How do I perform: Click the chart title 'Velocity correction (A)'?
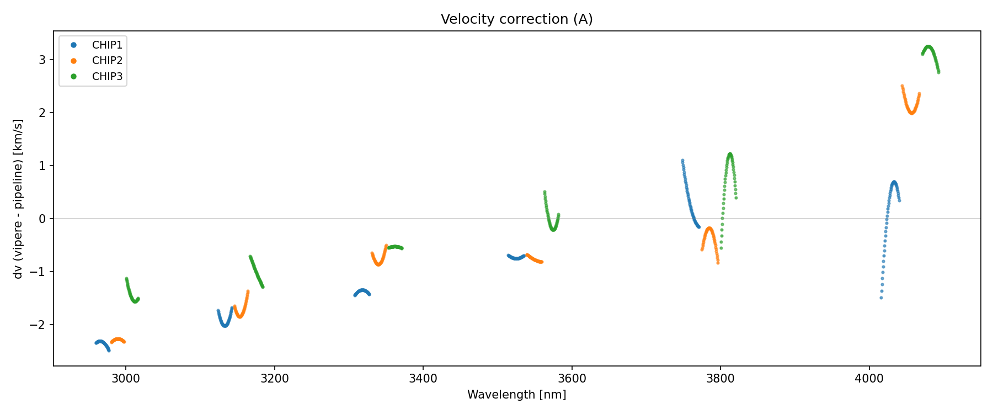pos(516,19)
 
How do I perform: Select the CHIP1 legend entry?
pos(107,45)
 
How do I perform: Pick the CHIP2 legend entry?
pos(107,61)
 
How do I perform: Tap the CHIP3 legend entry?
pos(107,77)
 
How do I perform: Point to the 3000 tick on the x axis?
pos(126,378)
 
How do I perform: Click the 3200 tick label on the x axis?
pos(274,378)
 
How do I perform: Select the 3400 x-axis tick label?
pos(423,378)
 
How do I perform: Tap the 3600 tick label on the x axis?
pos(572,378)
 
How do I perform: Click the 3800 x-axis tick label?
pos(720,378)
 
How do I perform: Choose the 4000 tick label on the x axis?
pos(869,378)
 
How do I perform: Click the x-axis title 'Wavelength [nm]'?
pos(516,395)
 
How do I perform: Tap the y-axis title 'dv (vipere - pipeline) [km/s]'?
pos(18,199)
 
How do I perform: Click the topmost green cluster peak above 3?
pos(928,47)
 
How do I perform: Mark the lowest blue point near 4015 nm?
pos(881,298)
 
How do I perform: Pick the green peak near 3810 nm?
pos(730,154)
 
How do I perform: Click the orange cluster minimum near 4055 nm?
pos(912,113)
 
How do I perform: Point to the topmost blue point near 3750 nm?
pos(682,161)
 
